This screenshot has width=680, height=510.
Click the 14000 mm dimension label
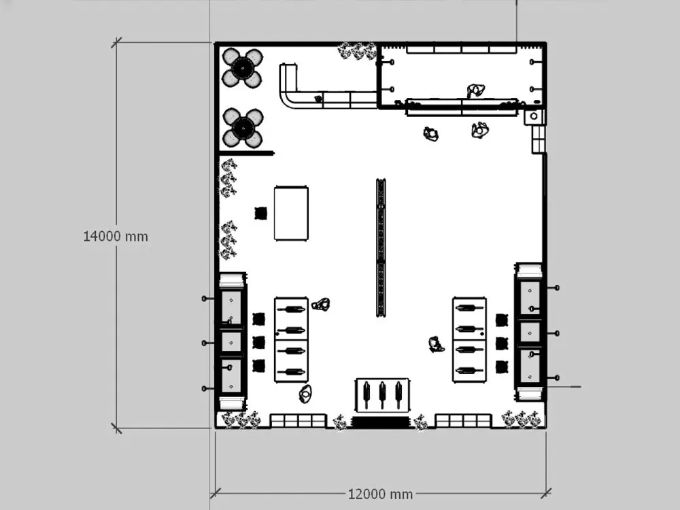tap(116, 237)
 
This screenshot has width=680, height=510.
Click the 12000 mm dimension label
tap(380, 494)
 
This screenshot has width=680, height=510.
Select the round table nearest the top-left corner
tap(243, 67)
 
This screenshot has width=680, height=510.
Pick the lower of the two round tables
tap(243, 128)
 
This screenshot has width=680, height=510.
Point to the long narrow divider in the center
tap(381, 248)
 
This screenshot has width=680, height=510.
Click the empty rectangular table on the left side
tap(291, 214)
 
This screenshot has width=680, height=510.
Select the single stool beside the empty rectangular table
tap(260, 214)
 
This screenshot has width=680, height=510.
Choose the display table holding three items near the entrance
tap(382, 395)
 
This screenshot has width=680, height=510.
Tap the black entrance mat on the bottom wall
tap(380, 422)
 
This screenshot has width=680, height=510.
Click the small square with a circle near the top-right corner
tap(534, 116)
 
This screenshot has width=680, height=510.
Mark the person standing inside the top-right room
tap(476, 90)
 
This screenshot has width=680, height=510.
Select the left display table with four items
tap(291, 339)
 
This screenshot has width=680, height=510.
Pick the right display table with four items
tap(469, 339)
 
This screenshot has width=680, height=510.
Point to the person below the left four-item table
tap(305, 394)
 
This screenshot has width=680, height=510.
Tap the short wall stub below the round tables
tap(246, 153)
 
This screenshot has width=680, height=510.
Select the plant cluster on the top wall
tap(358, 51)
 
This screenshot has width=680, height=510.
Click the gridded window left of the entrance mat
tap(298, 421)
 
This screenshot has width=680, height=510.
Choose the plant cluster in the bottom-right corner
tap(522, 419)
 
